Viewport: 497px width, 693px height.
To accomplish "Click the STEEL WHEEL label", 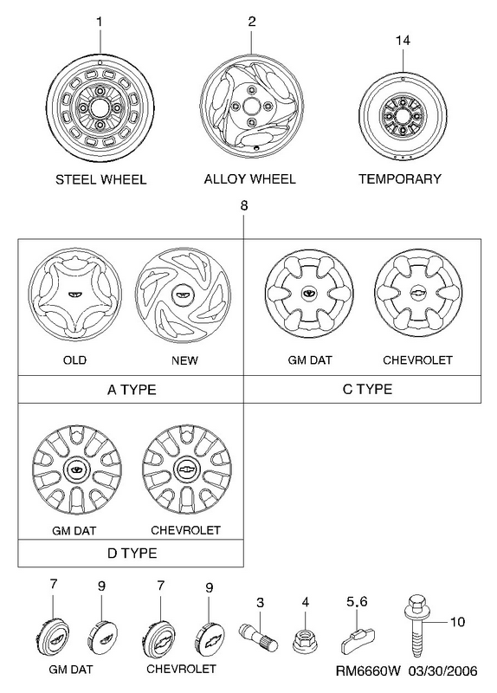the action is (x=100, y=179).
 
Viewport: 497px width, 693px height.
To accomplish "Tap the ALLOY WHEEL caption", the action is (x=249, y=179).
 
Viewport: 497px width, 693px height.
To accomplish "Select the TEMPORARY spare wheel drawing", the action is (x=403, y=116).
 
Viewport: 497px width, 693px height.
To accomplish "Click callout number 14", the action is (x=403, y=40).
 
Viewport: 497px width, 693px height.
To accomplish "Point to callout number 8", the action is (x=244, y=205).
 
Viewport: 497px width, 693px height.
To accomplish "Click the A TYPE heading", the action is (x=132, y=390).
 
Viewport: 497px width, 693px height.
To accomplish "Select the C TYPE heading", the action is (x=367, y=389).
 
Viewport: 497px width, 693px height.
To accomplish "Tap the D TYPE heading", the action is (x=132, y=553).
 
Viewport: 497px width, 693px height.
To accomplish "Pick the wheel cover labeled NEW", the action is (x=183, y=295).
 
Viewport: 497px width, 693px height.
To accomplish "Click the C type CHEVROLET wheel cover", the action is (x=418, y=294).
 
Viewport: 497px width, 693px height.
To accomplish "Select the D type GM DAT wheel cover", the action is (x=76, y=470).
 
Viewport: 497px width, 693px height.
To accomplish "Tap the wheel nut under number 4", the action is (x=305, y=639).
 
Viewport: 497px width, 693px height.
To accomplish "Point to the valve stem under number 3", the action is (x=258, y=637).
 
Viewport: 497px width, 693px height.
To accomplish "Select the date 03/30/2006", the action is (x=442, y=671).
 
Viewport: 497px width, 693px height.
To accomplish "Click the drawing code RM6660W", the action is (x=368, y=671).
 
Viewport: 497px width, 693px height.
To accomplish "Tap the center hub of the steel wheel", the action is (x=100, y=109).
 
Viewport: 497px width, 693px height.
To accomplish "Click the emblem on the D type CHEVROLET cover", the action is (x=187, y=470).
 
